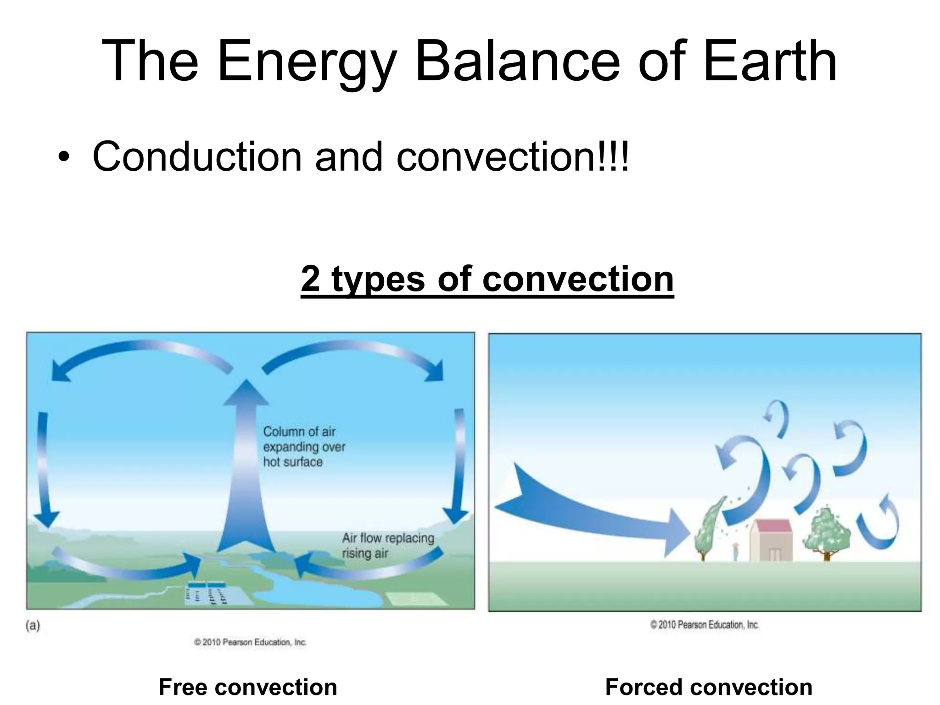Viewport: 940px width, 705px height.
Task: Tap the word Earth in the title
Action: tap(770, 62)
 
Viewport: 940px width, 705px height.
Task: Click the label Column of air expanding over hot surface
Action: tap(304, 447)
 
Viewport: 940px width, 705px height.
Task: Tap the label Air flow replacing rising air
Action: tap(388, 545)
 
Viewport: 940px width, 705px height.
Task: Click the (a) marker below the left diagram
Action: tap(33, 626)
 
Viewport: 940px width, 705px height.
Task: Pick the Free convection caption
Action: tap(248, 687)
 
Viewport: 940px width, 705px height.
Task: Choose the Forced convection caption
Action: tap(709, 687)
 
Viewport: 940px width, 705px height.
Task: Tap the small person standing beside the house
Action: tap(736, 551)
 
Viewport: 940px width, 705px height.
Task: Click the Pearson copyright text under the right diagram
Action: tap(704, 625)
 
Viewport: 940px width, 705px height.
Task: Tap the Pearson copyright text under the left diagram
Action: tap(250, 642)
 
